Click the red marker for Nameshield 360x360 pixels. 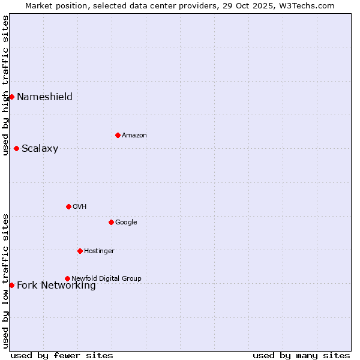pyautogui.click(x=11, y=97)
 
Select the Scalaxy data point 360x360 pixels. pyautogui.click(x=16, y=148)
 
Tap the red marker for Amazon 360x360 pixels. pyautogui.click(x=118, y=135)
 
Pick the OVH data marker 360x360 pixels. pyautogui.click(x=68, y=206)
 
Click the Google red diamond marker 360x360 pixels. pyautogui.click(x=111, y=222)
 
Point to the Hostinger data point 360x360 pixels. pyautogui.click(x=80, y=251)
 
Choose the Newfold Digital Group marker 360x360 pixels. pyautogui.click(x=67, y=278)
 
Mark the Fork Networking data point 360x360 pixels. pyautogui.click(x=11, y=285)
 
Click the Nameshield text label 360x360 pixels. pyautogui.click(x=44, y=97)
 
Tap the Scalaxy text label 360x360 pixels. pyautogui.click(x=40, y=149)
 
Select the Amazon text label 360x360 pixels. pyautogui.click(x=134, y=136)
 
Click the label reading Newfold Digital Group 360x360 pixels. pyautogui.click(x=106, y=278)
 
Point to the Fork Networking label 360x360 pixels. pyautogui.click(x=56, y=286)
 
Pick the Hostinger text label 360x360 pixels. pyautogui.click(x=99, y=251)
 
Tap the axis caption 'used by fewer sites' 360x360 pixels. pyautogui.click(x=62, y=355)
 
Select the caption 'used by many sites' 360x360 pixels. pyautogui.click(x=301, y=355)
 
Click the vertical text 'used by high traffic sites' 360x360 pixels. pyautogui.click(x=6, y=85)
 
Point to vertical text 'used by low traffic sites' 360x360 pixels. pyautogui.click(x=6, y=280)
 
